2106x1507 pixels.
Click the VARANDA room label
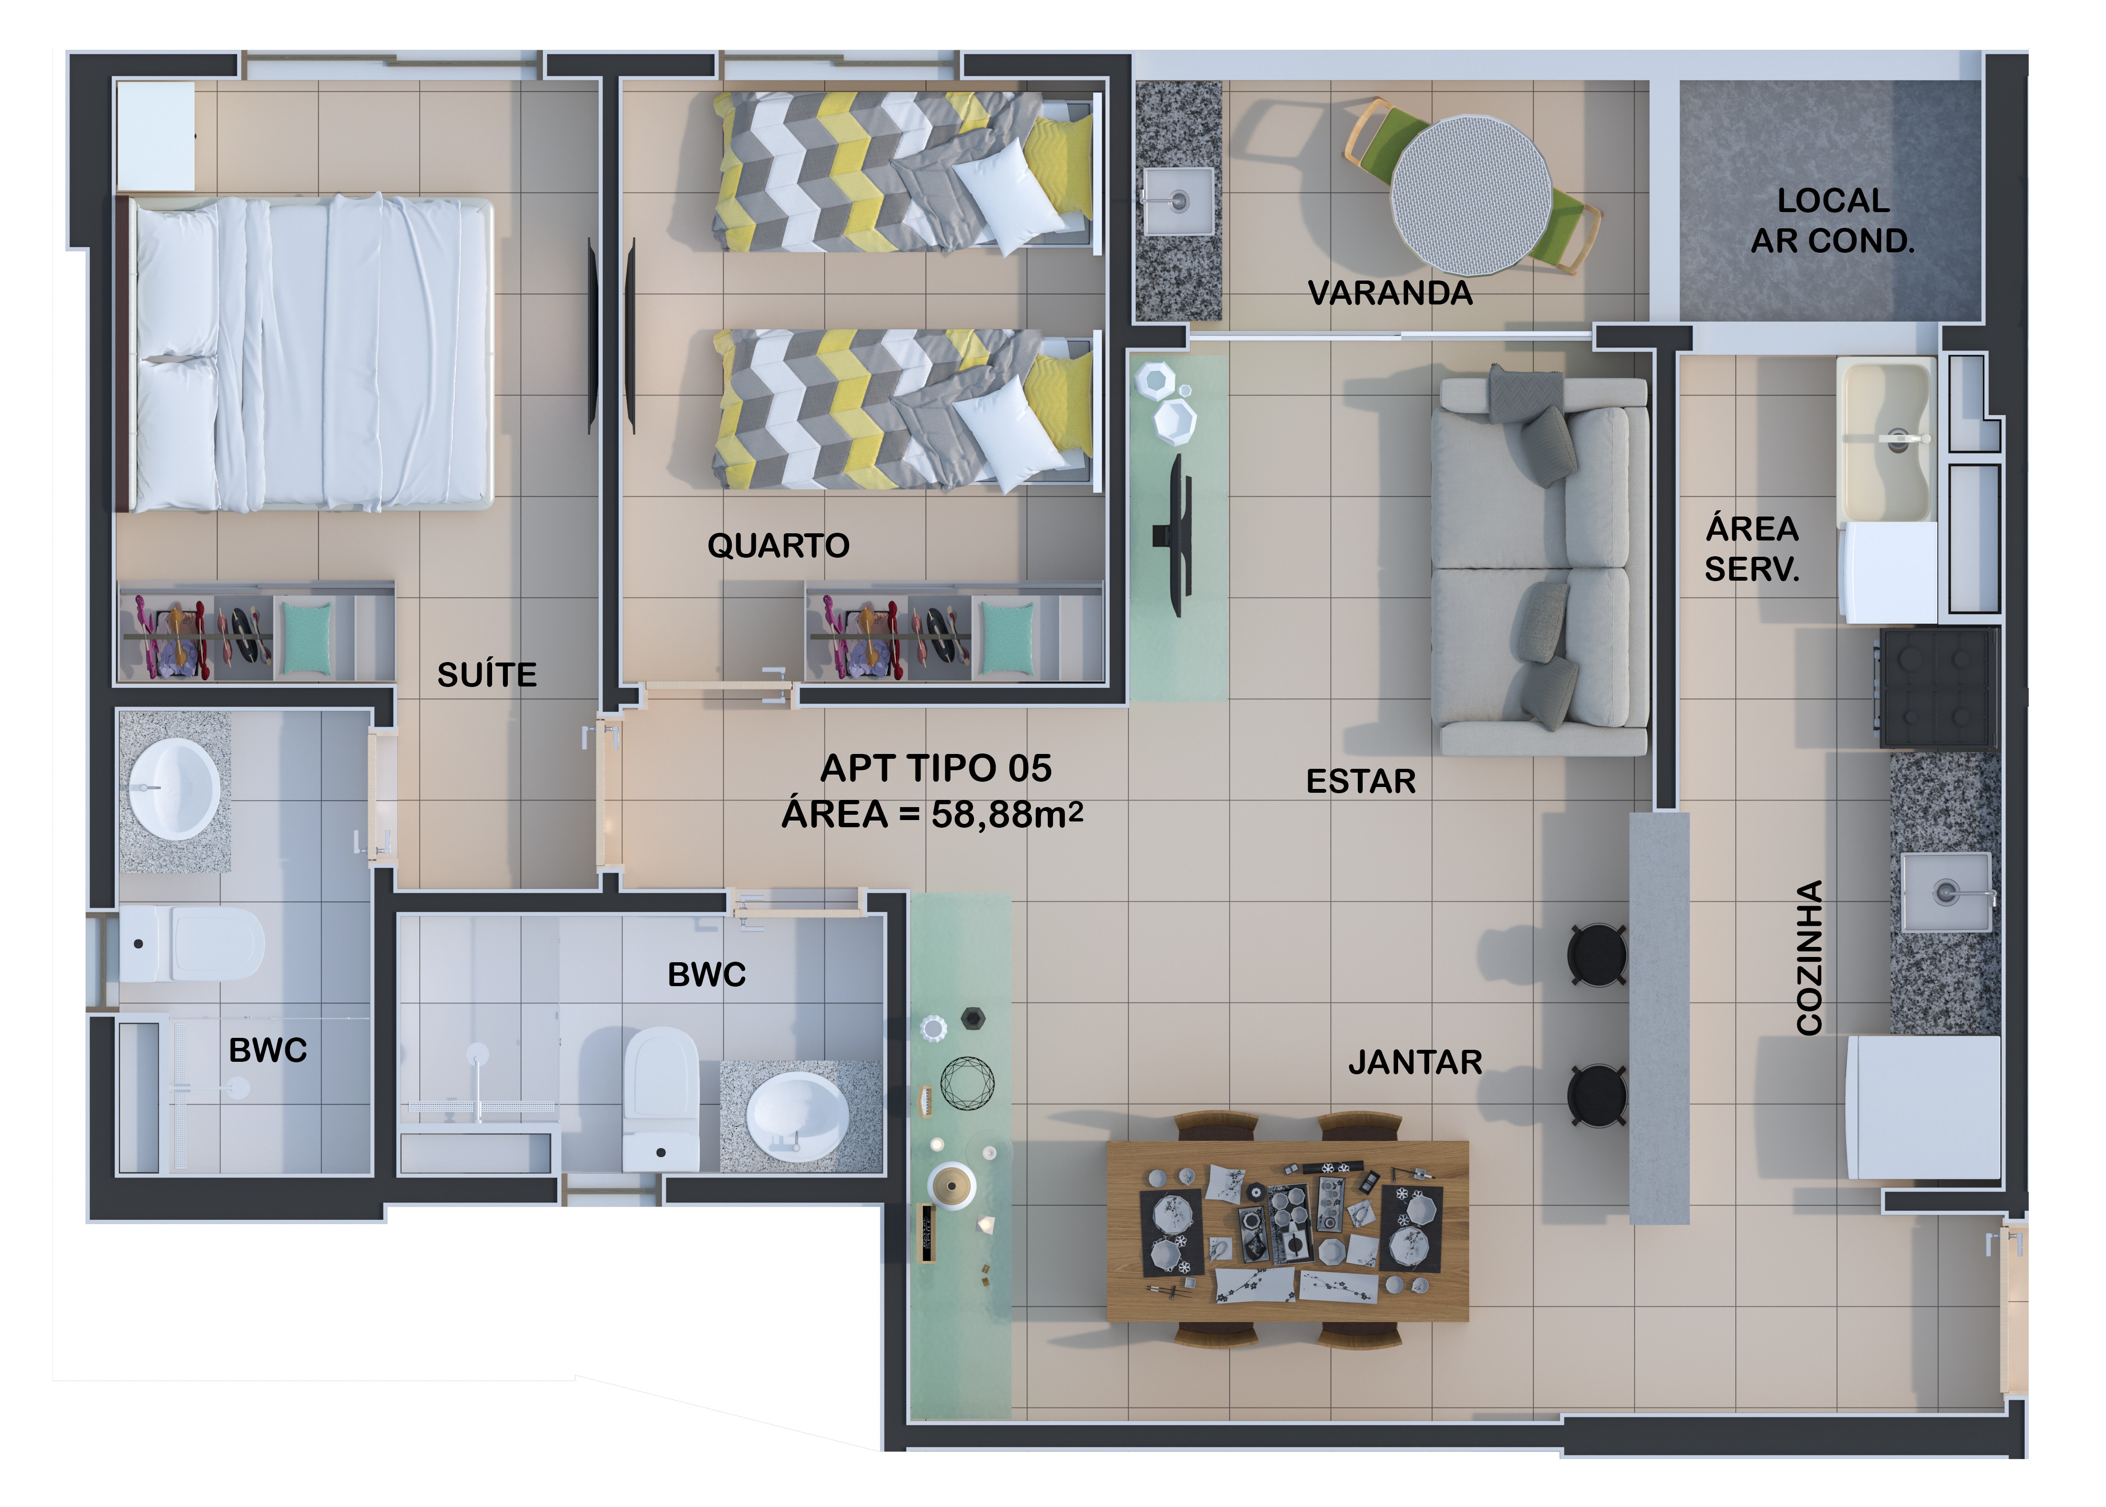1390,293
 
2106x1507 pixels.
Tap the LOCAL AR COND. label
1832,221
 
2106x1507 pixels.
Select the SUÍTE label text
487,675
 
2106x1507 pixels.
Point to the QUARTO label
778,546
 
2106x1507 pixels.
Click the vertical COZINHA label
1810,957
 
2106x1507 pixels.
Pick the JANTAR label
1415,1062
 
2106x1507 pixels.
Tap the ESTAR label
1361,781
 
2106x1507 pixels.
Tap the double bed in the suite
306,354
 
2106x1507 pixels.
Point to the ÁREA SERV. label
1752,549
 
